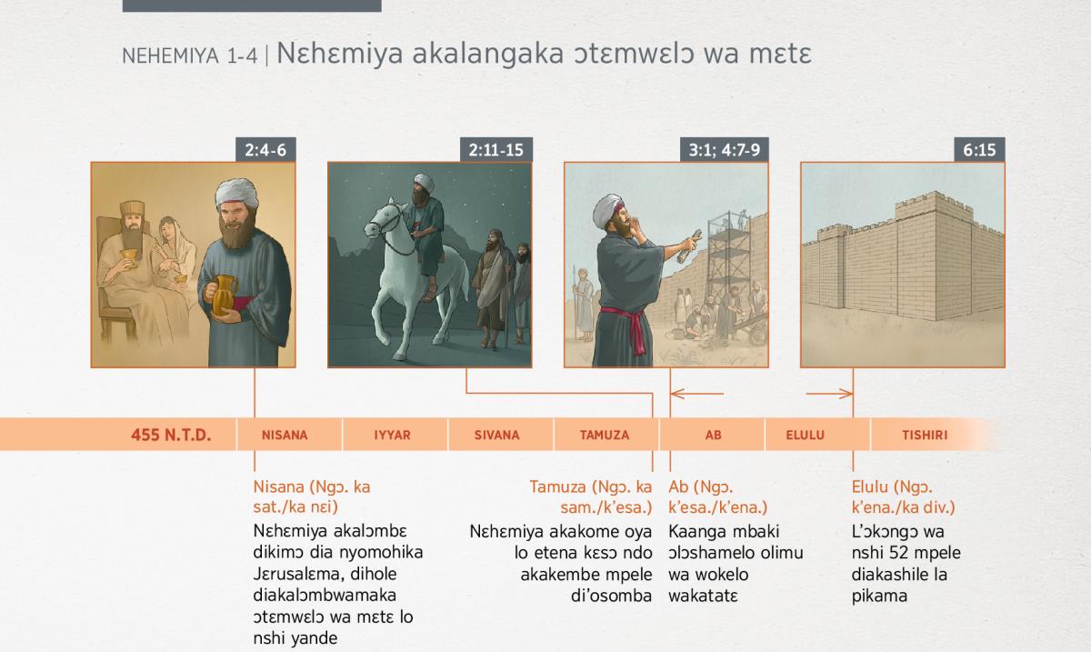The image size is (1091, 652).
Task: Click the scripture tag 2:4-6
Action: point(265,150)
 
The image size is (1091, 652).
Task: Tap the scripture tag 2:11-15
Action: point(495,150)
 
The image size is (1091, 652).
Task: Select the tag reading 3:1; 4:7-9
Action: point(725,150)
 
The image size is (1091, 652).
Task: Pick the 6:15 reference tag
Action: point(979,150)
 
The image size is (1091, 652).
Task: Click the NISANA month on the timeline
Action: point(285,436)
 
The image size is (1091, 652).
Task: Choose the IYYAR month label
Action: point(392,436)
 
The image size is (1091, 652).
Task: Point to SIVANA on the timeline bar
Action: point(496,436)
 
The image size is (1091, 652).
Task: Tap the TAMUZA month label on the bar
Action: point(605,436)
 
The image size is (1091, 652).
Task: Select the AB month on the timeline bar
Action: point(713,436)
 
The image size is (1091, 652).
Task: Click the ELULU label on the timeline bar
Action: point(806,436)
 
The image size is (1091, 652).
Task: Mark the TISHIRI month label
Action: point(925,436)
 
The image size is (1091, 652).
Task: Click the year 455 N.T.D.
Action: point(171,435)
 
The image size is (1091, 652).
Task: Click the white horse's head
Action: point(383,219)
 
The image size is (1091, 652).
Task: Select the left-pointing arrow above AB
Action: point(697,394)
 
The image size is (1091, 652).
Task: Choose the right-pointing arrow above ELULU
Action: point(829,394)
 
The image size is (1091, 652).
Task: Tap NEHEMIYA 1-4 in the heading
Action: point(189,56)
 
